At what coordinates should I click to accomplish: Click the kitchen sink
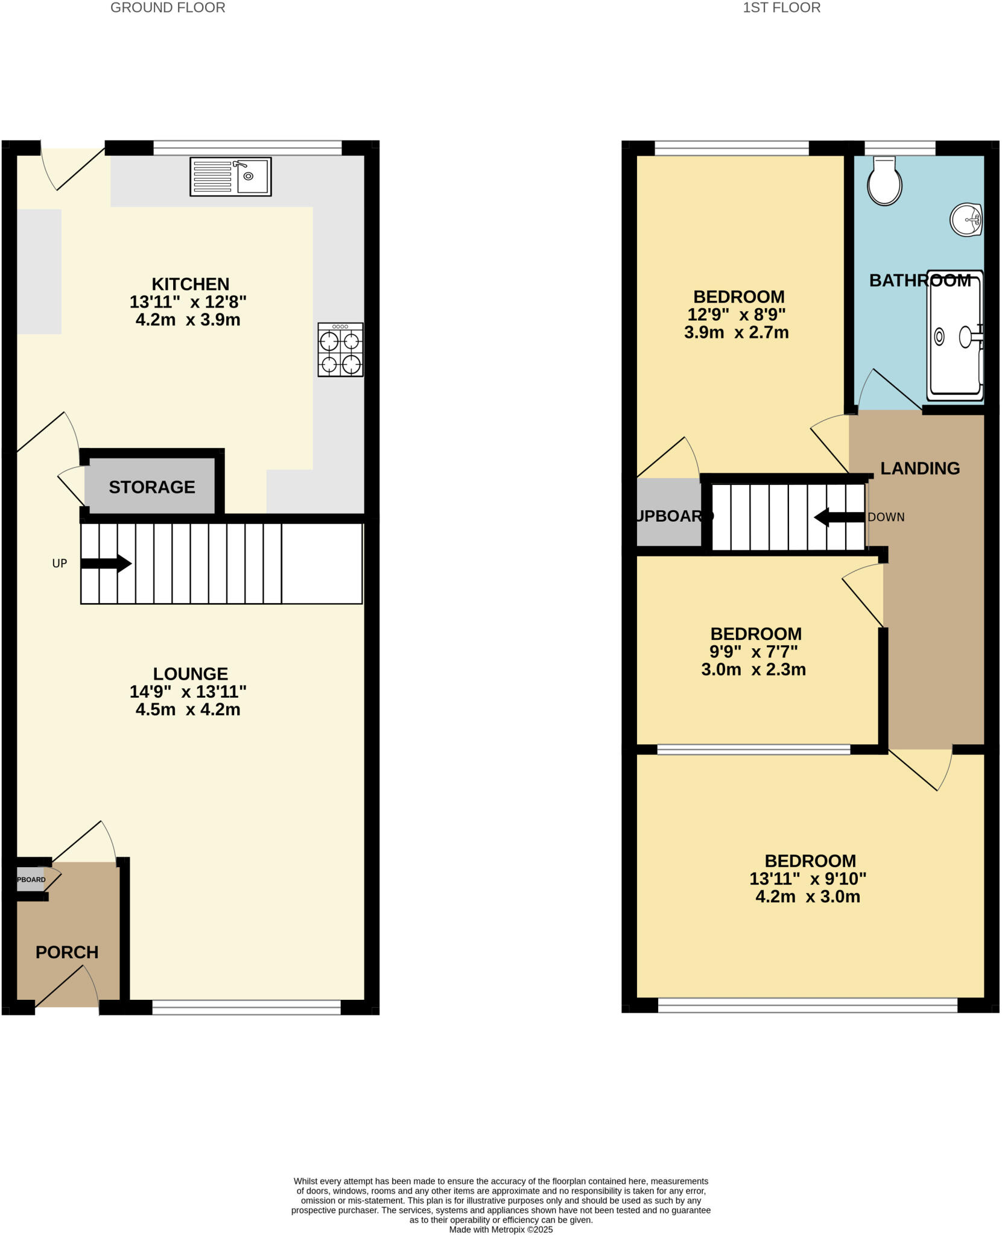point(230,177)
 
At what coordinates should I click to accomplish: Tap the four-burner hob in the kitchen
point(340,350)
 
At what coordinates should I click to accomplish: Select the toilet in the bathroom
point(884,181)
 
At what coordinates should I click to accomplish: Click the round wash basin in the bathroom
point(966,220)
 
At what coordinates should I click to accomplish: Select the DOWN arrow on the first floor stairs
point(839,517)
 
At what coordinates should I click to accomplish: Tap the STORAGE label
point(152,487)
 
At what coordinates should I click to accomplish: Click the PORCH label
point(67,952)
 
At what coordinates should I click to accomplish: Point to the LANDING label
point(920,468)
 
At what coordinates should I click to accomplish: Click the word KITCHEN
point(190,283)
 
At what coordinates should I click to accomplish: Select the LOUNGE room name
point(190,674)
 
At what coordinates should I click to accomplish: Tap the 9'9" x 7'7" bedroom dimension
point(753,652)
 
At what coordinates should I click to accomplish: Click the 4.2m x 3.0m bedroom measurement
point(808,897)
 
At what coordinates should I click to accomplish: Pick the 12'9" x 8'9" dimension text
point(737,314)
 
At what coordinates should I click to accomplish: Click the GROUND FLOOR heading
point(168,8)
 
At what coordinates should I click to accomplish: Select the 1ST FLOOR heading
point(781,8)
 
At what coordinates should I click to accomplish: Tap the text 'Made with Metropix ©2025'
point(501,1230)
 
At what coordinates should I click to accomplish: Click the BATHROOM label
point(920,280)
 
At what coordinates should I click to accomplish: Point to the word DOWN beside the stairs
point(886,517)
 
